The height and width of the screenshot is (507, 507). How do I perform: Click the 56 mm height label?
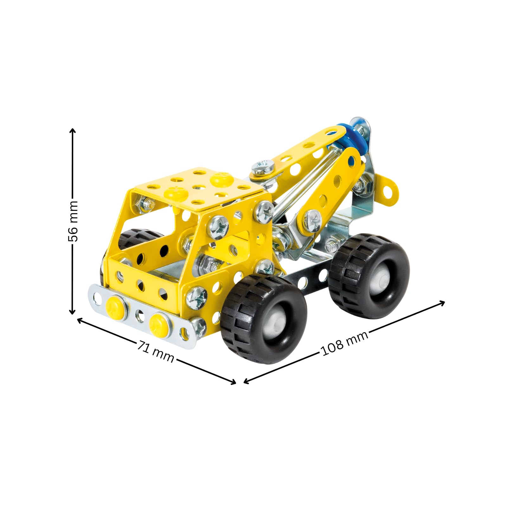(73, 221)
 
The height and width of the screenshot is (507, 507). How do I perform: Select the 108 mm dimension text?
(345, 343)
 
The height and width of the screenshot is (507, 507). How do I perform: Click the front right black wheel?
(264, 318)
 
